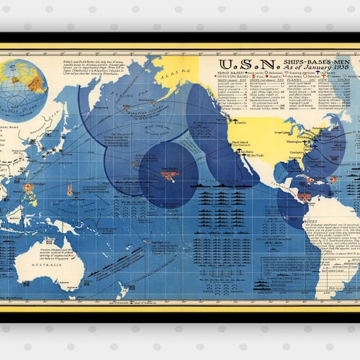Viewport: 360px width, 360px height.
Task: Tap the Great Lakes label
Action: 283,132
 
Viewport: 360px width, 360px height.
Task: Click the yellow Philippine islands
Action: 33,195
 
